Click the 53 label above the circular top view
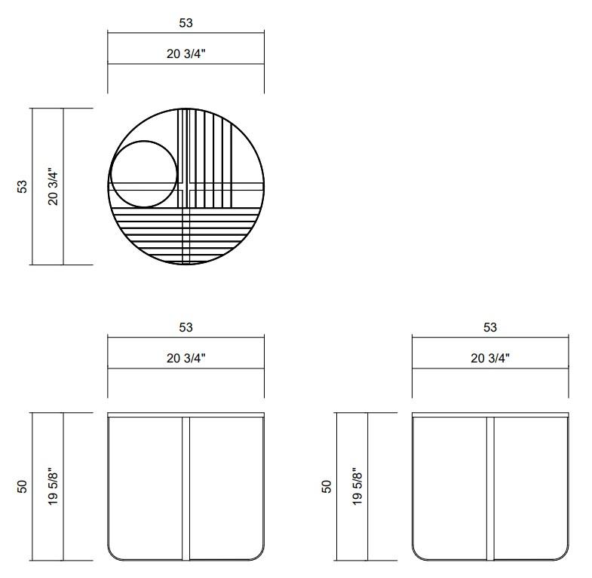click(186, 23)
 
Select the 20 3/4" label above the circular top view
click(186, 54)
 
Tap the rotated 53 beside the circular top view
click(23, 187)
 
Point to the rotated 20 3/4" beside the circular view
click(54, 186)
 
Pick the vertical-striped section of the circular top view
click(207, 158)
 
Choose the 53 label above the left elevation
click(186, 327)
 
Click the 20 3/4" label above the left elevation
click(186, 358)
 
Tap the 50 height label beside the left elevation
click(23, 486)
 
